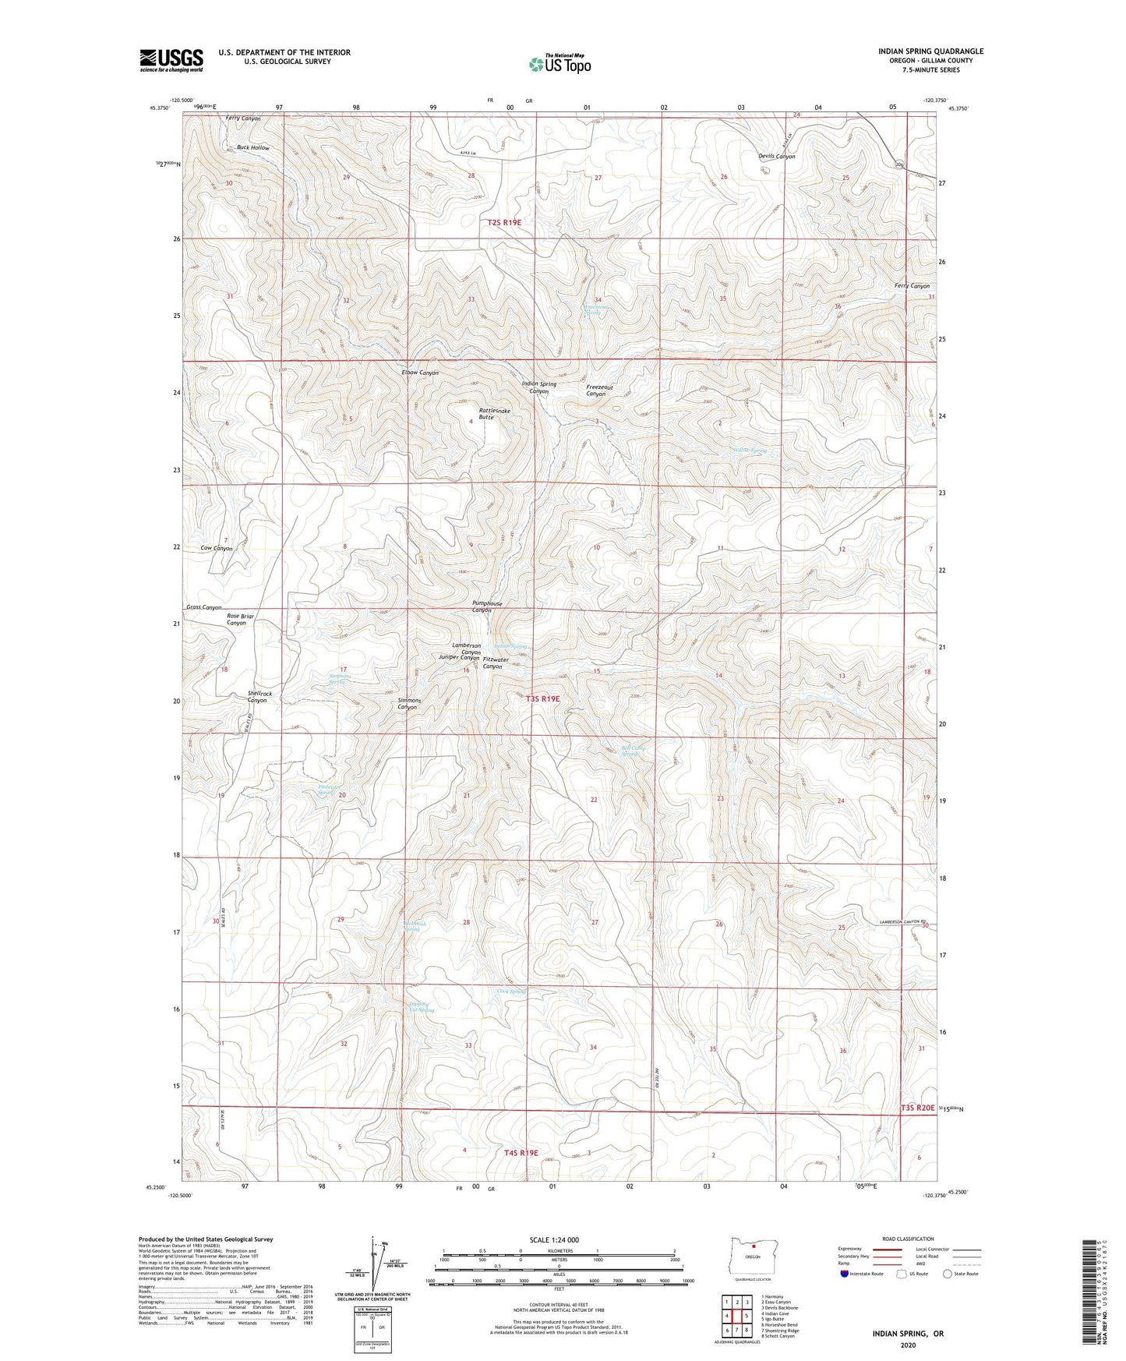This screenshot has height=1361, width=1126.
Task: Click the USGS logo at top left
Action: (x=171, y=60)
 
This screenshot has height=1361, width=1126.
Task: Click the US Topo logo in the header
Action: (x=559, y=64)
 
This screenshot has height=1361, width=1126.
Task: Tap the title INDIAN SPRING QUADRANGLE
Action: (x=930, y=51)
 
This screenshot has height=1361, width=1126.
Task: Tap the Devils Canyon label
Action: (x=776, y=157)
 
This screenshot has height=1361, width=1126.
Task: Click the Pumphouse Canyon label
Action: (x=487, y=606)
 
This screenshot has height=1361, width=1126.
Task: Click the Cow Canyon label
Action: (x=216, y=549)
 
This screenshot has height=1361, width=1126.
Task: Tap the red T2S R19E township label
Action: (x=504, y=223)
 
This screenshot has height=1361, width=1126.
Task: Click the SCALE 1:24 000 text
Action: (x=554, y=1240)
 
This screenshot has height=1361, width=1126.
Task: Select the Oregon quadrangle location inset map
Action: (x=752, y=1257)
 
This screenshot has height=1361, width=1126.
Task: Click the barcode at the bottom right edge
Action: (x=1096, y=1294)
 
